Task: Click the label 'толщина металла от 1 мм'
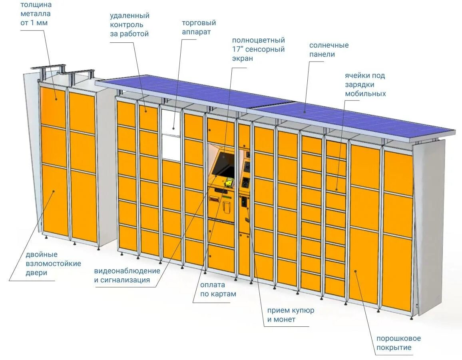(36, 14)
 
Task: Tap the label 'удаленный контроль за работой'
(129, 25)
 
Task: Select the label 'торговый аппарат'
(199, 27)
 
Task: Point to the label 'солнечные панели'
(329, 50)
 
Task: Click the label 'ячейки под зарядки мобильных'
(365, 84)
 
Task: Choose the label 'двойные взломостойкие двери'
(53, 264)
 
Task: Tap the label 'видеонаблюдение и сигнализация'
(127, 275)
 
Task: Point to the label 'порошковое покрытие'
(398, 343)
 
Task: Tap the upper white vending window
(171, 122)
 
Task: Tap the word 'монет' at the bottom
(285, 319)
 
